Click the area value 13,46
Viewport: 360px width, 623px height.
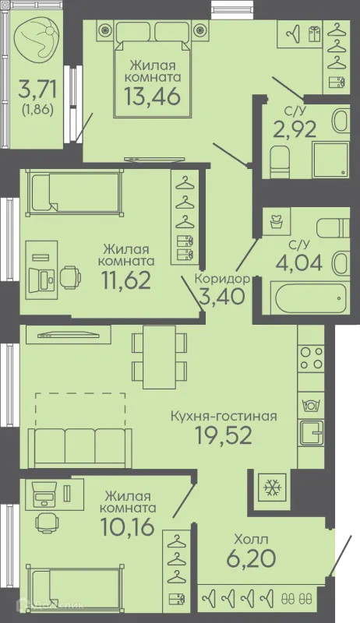(152, 95)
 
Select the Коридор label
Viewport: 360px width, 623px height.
(222, 279)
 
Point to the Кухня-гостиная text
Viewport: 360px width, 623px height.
(224, 417)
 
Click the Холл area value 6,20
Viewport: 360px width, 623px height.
(251, 558)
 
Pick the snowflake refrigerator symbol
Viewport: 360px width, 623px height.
(272, 487)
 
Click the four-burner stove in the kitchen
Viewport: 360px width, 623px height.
(311, 358)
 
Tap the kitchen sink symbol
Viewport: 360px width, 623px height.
(311, 433)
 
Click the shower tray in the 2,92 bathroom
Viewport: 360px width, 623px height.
(330, 160)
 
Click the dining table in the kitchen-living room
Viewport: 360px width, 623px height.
(159, 357)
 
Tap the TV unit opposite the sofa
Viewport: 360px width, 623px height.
(68, 335)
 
